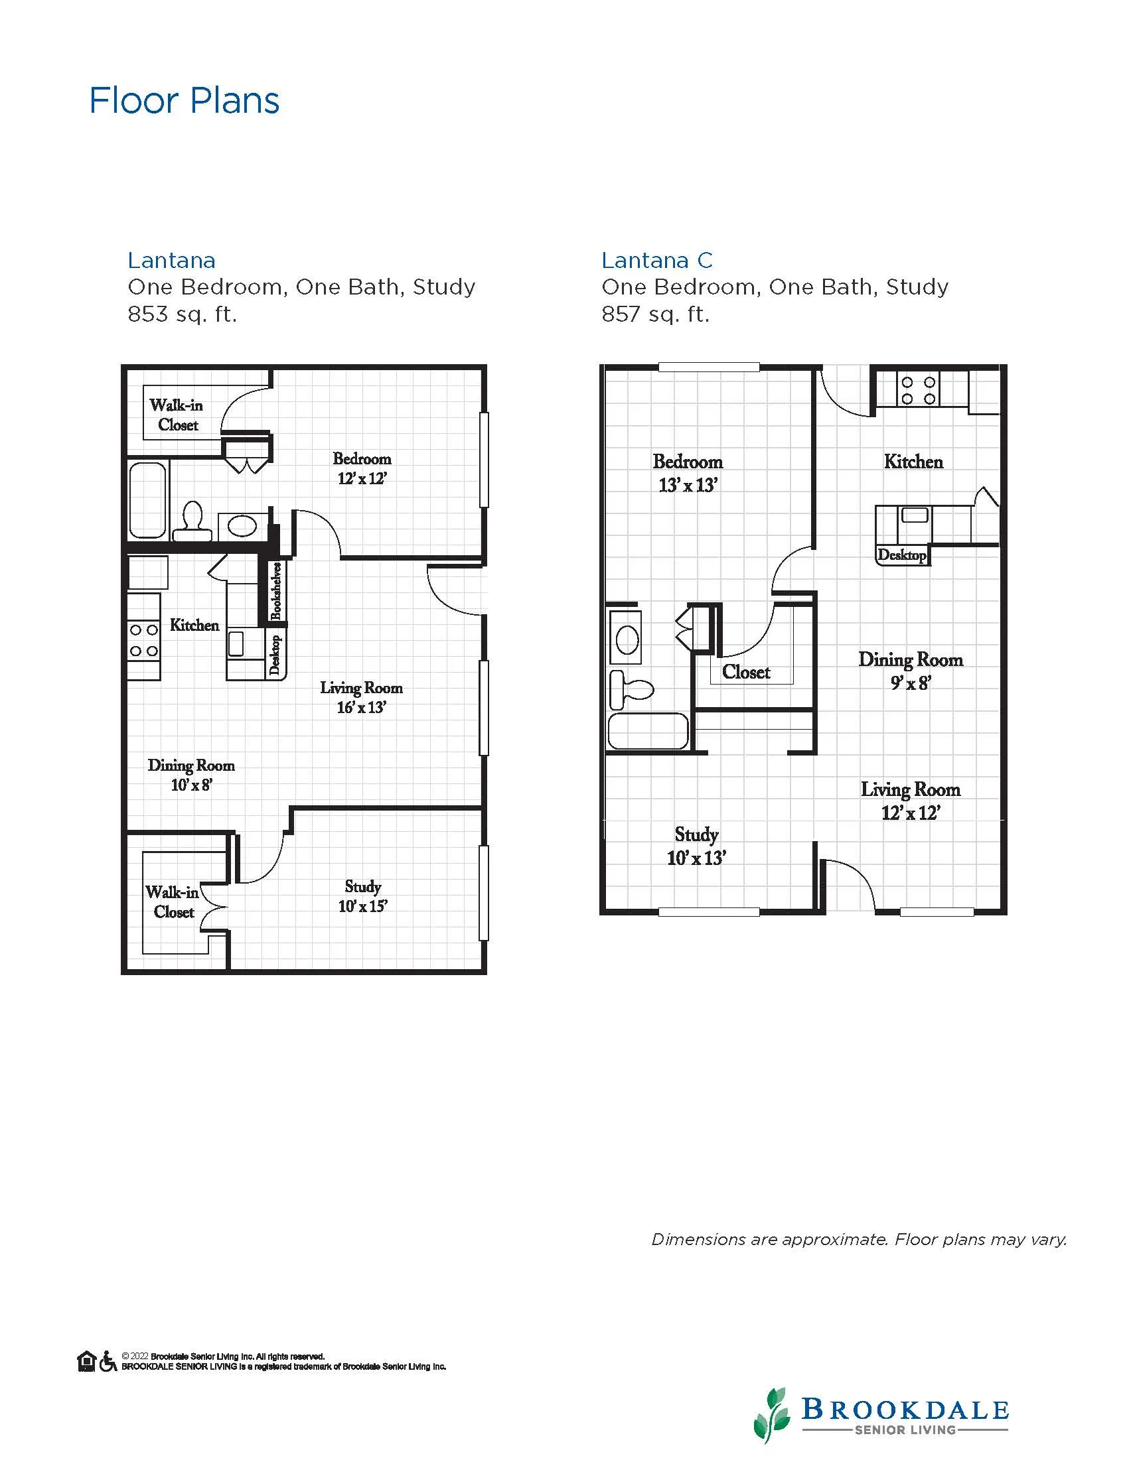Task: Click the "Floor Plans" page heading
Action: pos(184,101)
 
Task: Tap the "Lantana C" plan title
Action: pos(657,260)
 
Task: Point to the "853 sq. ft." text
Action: pos(182,314)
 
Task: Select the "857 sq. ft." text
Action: pos(655,314)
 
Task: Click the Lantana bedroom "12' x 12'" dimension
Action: pos(362,479)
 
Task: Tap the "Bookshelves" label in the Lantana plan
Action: pos(275,590)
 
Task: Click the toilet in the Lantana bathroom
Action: pos(192,521)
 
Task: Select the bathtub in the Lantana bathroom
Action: pos(147,500)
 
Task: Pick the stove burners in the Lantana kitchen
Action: pos(144,640)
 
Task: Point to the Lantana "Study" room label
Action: pos(362,886)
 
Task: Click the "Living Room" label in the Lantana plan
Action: pos(361,687)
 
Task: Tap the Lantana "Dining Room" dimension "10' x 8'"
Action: pos(191,785)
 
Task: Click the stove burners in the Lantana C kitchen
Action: pos(918,391)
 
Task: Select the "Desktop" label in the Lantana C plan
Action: pos(901,555)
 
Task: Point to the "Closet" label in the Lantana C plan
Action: pos(746,672)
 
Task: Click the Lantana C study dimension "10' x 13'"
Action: pos(696,858)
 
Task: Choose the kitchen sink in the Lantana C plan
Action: pos(915,515)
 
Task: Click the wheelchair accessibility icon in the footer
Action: pos(108,1361)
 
